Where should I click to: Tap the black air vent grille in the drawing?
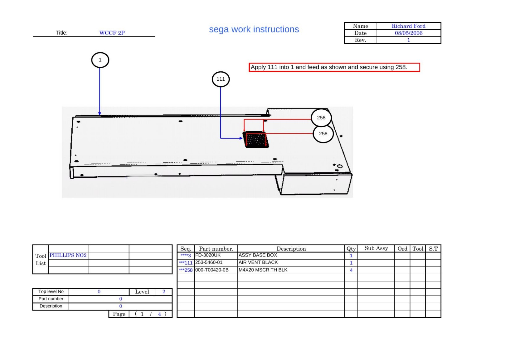point(256,140)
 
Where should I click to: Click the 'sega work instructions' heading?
point(254,29)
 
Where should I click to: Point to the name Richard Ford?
point(408,26)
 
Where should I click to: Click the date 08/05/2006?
point(408,33)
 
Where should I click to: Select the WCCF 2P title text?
point(112,33)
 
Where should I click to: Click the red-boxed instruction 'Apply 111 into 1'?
point(334,67)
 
